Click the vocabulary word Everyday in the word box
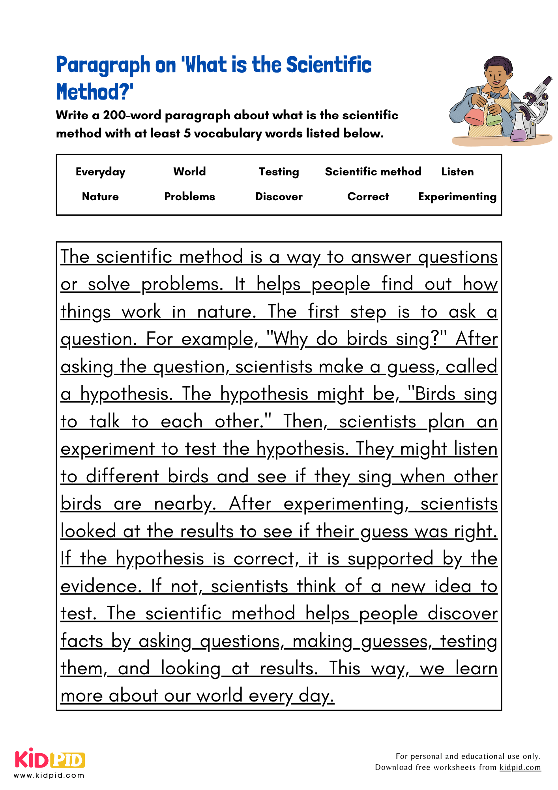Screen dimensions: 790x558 tap(100, 172)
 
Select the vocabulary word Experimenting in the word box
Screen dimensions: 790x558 tap(457, 197)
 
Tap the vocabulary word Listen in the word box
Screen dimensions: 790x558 tap(457, 172)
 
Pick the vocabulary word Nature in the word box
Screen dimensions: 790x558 tap(100, 197)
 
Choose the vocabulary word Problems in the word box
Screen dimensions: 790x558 tap(189, 197)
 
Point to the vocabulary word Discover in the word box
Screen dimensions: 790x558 tap(279, 197)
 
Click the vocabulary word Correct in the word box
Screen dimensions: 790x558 tap(368, 197)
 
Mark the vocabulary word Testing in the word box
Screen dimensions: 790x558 tap(279, 172)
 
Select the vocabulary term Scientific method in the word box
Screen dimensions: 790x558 tap(373, 172)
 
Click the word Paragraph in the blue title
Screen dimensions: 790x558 tap(103, 65)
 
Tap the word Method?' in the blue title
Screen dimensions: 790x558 tap(95, 92)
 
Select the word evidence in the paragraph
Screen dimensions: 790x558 tap(100, 586)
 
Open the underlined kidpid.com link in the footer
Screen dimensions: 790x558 tap(520, 767)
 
